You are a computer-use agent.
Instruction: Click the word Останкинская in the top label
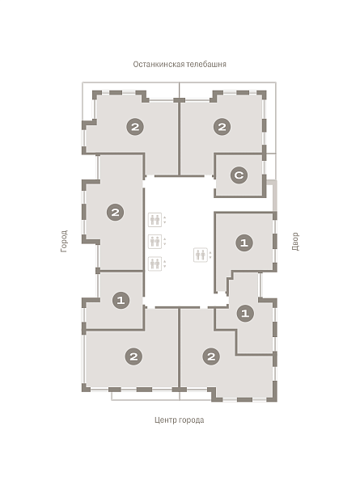click(x=159, y=65)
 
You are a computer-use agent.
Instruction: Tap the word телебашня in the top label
click(x=206, y=65)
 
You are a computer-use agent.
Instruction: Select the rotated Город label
click(x=64, y=241)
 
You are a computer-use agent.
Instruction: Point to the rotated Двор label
click(x=295, y=241)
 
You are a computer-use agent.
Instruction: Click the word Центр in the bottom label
click(x=164, y=420)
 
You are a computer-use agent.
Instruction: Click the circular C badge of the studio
click(x=239, y=175)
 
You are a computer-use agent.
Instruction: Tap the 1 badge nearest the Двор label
click(x=244, y=242)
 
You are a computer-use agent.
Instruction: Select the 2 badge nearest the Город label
click(x=115, y=212)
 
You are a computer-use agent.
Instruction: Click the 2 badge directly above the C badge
click(x=222, y=127)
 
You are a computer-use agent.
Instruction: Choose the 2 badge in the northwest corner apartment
click(x=135, y=127)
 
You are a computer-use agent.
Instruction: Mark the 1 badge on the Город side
click(x=121, y=300)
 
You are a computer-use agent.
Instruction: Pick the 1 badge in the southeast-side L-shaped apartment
click(x=245, y=314)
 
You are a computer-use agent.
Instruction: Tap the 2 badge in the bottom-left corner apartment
click(x=133, y=356)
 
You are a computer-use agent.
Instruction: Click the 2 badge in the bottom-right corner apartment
click(x=211, y=356)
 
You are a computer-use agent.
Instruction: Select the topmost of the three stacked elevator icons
click(x=155, y=220)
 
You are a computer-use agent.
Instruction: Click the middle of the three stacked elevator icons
click(x=155, y=242)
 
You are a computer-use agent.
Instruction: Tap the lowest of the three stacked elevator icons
click(x=155, y=264)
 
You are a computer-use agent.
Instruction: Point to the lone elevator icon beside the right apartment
click(x=201, y=255)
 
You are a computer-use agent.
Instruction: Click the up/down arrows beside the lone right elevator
click(x=210, y=255)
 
